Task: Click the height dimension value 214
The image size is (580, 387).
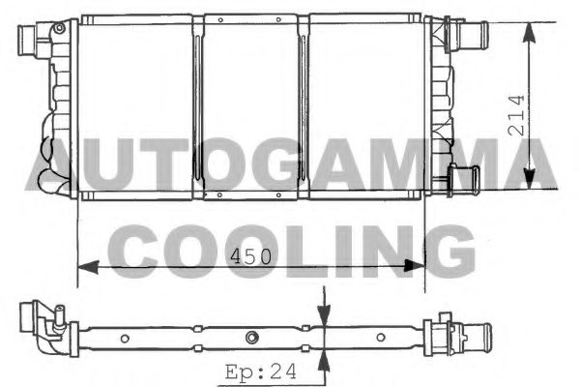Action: (x=515, y=114)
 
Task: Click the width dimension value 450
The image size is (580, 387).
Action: (x=251, y=255)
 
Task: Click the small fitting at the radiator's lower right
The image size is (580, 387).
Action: (x=466, y=179)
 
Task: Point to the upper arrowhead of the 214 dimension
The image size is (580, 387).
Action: (x=529, y=32)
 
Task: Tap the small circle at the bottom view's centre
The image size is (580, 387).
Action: (x=251, y=337)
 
